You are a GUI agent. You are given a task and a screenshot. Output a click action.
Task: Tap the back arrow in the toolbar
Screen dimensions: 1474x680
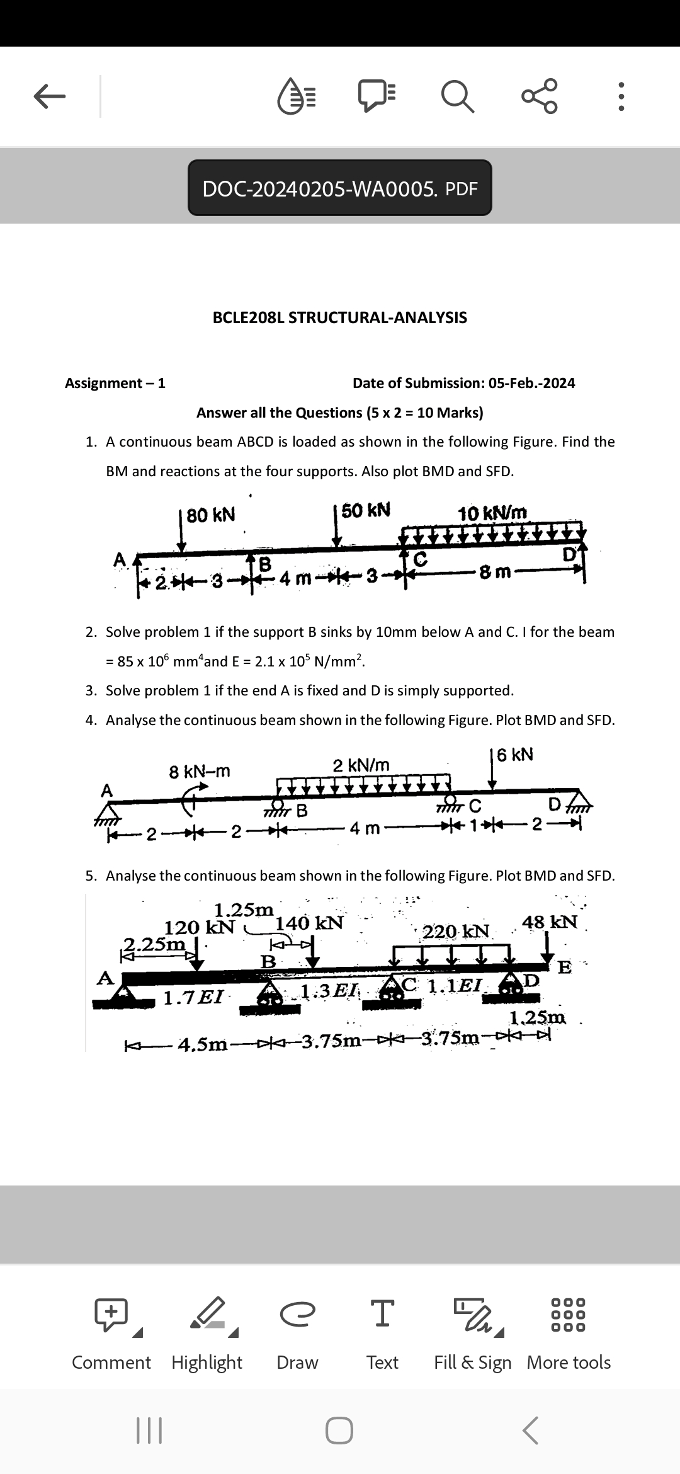click(x=49, y=97)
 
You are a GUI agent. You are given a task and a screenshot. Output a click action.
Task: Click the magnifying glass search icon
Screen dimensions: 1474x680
click(x=458, y=97)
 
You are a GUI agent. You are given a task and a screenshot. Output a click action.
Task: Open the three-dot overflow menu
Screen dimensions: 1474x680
click(x=621, y=97)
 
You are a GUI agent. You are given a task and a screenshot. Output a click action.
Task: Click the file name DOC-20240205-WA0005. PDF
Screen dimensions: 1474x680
click(x=340, y=188)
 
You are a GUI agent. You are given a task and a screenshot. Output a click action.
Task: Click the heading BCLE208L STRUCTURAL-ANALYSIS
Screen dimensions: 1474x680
click(x=340, y=317)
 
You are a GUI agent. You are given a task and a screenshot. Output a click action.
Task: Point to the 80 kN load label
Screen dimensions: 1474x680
click(x=211, y=515)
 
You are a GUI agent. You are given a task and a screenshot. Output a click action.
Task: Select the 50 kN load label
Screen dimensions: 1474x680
click(x=366, y=510)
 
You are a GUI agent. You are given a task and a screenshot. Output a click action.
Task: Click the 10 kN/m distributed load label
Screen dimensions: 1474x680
click(x=492, y=513)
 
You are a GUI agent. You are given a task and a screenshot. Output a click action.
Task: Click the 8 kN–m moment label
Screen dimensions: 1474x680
click(x=200, y=771)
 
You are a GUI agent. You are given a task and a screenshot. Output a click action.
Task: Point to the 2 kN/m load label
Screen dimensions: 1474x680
click(x=361, y=765)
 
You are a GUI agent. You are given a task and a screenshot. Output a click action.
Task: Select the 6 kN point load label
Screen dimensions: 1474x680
click(x=515, y=755)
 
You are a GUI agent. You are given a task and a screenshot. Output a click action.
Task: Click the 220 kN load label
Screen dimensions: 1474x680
click(x=456, y=931)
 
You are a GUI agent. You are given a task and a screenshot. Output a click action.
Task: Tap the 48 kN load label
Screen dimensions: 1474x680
click(x=550, y=922)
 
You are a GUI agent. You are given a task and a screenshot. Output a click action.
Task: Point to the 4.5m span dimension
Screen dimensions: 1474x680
click(x=203, y=1044)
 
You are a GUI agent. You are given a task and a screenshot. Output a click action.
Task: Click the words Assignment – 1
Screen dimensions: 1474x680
click(x=115, y=383)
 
